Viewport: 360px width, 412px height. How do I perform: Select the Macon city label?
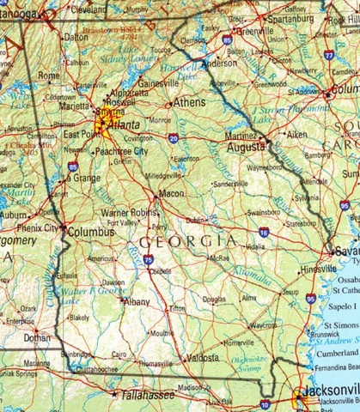[x=172, y=193]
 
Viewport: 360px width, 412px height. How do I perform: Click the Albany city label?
[x=136, y=302]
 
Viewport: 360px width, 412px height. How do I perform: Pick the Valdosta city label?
[x=203, y=357]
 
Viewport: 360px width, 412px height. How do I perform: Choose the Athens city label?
[x=190, y=101]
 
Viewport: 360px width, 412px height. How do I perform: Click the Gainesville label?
[x=157, y=83]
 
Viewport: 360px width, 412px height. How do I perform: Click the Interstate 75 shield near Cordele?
[x=149, y=258]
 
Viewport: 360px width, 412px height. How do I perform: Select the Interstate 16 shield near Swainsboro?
[x=263, y=232]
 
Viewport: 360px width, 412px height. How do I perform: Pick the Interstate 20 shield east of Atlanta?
[x=174, y=137]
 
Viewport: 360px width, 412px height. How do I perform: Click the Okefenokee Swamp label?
[x=250, y=365]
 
